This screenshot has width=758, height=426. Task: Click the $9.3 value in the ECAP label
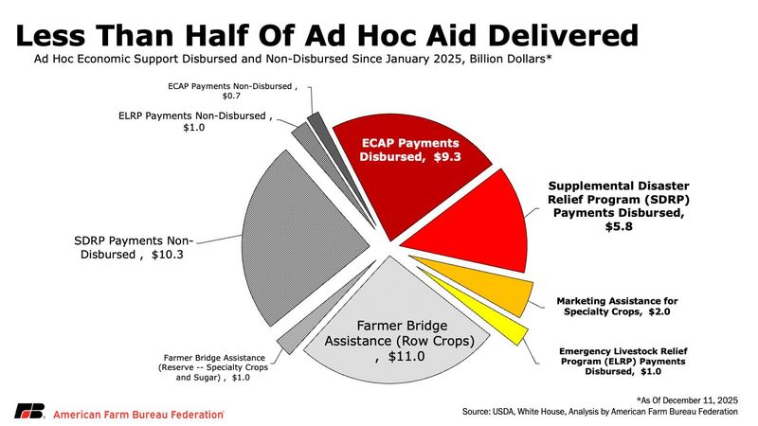[x=444, y=157]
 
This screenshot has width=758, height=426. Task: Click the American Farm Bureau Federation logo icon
[x=28, y=412]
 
